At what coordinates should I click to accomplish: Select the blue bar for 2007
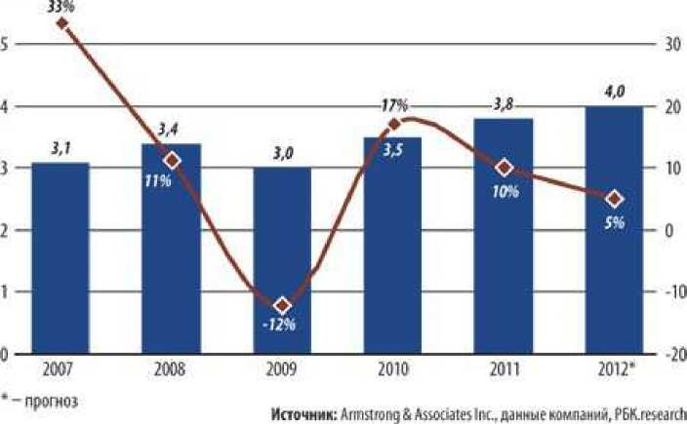[61, 258]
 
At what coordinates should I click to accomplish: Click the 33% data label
[61, 6]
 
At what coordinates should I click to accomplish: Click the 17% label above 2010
[394, 105]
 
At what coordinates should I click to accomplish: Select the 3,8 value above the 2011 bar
[505, 100]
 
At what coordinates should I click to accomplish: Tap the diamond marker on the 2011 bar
[504, 168]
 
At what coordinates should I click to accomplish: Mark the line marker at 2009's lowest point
[283, 305]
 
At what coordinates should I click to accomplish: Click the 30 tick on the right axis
[672, 45]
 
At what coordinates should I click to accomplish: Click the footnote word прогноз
[53, 400]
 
